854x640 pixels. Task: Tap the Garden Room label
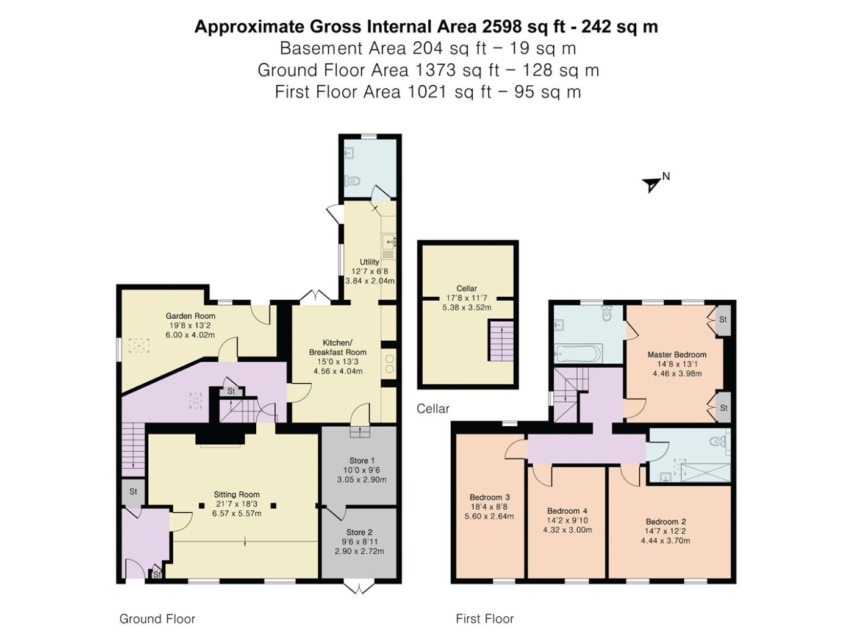click(190, 316)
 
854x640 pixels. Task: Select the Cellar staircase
click(501, 341)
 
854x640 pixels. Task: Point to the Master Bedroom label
click(677, 354)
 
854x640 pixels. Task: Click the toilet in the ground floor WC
click(353, 180)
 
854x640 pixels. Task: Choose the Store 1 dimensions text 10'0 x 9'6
click(362, 470)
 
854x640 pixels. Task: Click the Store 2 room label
click(359, 532)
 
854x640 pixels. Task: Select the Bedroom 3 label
click(489, 497)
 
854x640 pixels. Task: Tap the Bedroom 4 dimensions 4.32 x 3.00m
click(567, 530)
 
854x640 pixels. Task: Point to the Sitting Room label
click(237, 494)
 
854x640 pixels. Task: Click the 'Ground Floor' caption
click(157, 619)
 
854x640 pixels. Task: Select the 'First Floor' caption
click(485, 619)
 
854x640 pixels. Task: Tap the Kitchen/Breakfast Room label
click(338, 347)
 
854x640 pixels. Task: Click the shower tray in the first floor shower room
click(705, 472)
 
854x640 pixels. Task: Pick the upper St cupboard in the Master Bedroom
click(723, 320)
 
